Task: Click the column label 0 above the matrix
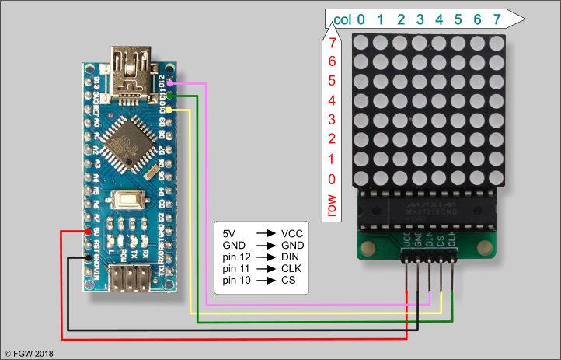(361, 19)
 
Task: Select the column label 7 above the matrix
(497, 19)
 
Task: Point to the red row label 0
(333, 180)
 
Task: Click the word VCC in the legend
(292, 233)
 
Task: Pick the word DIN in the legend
(291, 256)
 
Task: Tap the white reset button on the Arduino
(126, 201)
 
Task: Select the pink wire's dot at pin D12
(171, 82)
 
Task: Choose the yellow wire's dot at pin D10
(169, 111)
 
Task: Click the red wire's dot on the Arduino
(87, 232)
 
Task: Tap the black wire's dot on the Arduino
(91, 258)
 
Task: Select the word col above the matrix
(342, 19)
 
